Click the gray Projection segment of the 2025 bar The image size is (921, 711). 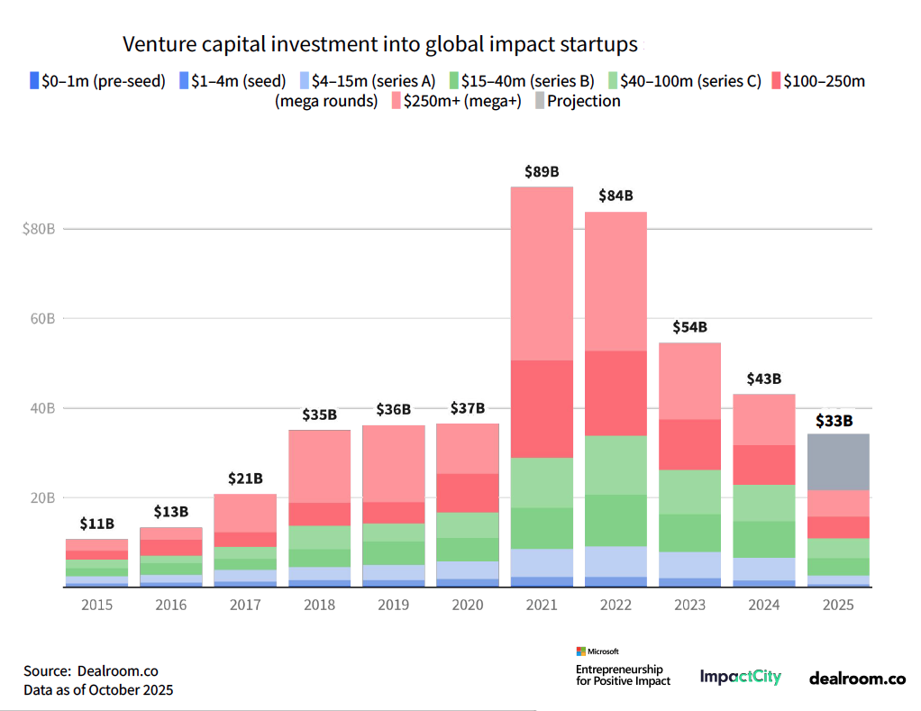point(838,461)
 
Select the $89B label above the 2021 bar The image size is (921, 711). point(542,171)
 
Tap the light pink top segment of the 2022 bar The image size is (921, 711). point(616,280)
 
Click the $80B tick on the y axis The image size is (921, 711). point(40,229)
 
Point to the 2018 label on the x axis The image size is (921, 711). point(319,605)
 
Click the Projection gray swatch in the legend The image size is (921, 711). point(539,101)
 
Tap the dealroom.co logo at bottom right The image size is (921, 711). point(856,678)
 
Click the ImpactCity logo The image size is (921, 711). point(740,677)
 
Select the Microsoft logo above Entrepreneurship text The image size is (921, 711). point(597,651)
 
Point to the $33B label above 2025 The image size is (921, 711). point(834,420)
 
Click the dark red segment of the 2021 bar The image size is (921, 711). point(542,408)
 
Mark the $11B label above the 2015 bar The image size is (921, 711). point(96,523)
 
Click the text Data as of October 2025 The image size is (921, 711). point(98,690)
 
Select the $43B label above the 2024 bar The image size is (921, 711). point(763,378)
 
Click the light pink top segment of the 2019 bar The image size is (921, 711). point(393,463)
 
